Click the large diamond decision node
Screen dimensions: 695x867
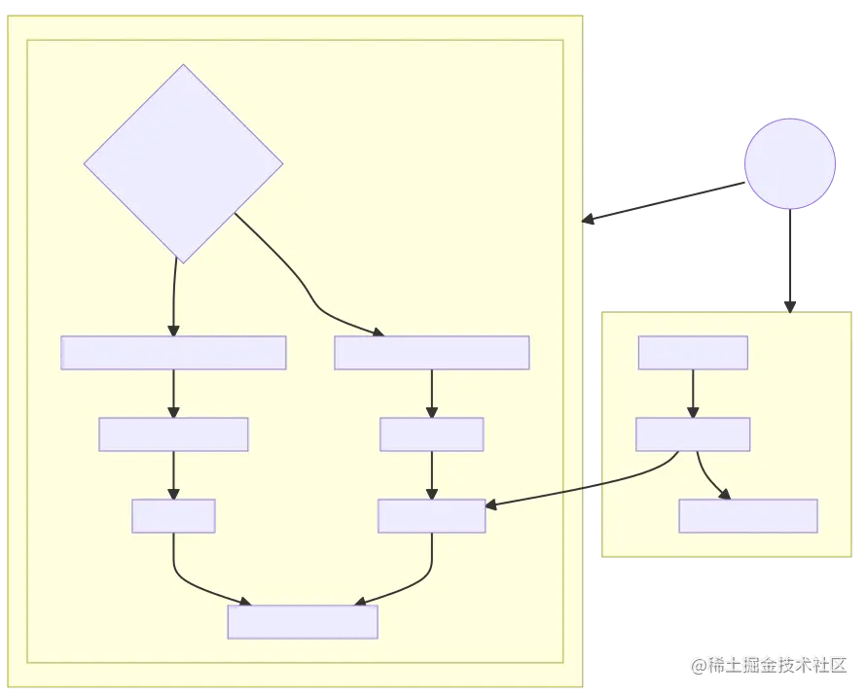tap(183, 163)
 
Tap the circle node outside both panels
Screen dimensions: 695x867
tap(789, 163)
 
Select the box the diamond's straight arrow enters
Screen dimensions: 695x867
tap(173, 353)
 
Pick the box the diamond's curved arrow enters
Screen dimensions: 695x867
tap(431, 353)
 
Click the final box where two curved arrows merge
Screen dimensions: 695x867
tap(302, 622)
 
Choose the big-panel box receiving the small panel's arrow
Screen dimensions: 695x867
tap(431, 516)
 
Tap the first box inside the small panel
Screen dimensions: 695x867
tap(692, 353)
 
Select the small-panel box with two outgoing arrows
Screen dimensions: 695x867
tap(692, 434)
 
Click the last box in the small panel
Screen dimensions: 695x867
tap(747, 516)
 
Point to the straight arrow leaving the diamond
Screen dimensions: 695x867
tap(173, 296)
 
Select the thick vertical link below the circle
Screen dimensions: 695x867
tap(789, 258)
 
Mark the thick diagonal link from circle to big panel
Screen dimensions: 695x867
tap(662, 201)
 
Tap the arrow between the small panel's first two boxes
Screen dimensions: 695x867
tap(692, 393)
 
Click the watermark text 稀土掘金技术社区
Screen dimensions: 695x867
tap(768, 665)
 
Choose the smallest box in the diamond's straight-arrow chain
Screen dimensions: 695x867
tap(173, 516)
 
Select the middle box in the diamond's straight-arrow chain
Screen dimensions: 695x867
tap(173, 434)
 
